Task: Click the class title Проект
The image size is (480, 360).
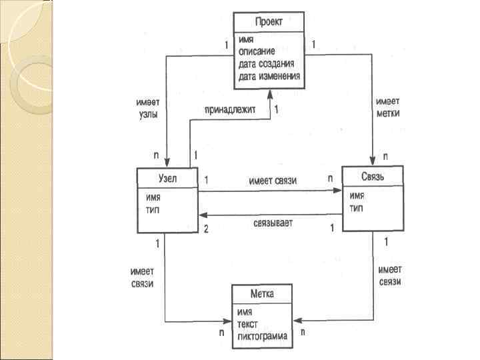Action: [x=268, y=22]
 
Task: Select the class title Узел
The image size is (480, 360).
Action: [x=167, y=178]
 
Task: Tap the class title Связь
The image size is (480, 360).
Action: [x=373, y=177]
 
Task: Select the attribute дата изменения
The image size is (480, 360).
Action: [x=269, y=77]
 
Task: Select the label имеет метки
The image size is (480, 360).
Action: [x=387, y=108]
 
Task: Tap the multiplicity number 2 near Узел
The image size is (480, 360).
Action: [x=206, y=229]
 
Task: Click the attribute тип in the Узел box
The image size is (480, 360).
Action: [x=152, y=209]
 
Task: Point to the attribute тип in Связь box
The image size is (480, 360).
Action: [x=356, y=209]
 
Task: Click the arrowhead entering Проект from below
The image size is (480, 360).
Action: [x=269, y=94]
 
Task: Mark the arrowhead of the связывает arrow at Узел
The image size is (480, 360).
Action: [x=203, y=215]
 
